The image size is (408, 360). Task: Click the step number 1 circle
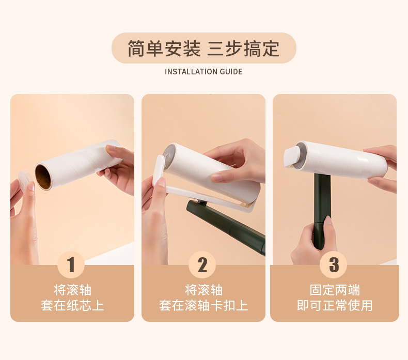[x=71, y=265]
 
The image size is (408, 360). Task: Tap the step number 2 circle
[x=202, y=265]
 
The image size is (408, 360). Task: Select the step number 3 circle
[x=334, y=265]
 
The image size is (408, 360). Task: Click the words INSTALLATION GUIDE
[x=203, y=72]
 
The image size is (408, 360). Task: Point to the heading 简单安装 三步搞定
[x=203, y=49]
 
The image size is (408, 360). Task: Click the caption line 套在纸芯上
[x=72, y=306]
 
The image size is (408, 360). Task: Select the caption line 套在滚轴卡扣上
[x=203, y=306]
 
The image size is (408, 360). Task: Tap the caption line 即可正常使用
[x=335, y=306]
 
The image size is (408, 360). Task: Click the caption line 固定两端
[x=335, y=290]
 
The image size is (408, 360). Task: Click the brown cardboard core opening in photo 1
[x=45, y=176]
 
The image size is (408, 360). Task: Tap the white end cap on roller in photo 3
[x=293, y=155]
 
